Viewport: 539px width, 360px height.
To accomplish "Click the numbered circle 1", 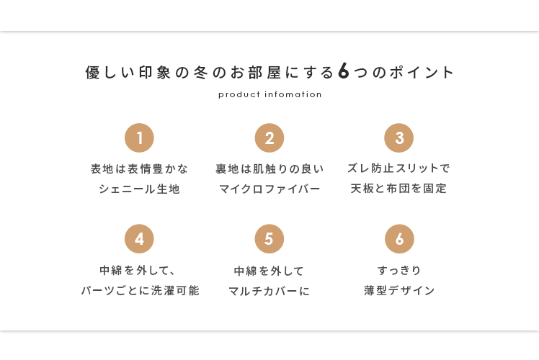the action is pos(139,138).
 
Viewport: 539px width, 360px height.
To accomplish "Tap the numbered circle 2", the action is pos(269,138).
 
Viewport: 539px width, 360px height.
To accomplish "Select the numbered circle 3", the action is pos(398,138).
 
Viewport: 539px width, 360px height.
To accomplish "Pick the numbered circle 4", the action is pos(139,239).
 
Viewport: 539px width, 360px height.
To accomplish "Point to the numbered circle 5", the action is pos(269,239).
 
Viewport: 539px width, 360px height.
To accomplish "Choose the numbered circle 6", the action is pos(399,239).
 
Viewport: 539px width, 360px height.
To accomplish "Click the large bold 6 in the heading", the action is pos(344,71).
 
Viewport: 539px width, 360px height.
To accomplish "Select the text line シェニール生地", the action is pos(139,189).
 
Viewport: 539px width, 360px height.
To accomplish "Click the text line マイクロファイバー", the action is pos(269,189).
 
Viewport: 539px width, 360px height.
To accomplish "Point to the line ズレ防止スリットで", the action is pos(398,168).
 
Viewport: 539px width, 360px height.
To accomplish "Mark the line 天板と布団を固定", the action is pos(398,188).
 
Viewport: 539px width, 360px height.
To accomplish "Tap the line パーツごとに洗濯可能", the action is pos(141,291).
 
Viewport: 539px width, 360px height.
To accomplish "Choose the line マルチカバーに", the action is pos(269,292).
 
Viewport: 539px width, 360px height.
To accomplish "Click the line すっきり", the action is pos(399,270).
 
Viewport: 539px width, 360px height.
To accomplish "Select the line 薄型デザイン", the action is pos(399,291).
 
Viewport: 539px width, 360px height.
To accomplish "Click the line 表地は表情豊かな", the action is pos(139,168).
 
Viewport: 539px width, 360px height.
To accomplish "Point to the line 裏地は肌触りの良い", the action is pos(269,168).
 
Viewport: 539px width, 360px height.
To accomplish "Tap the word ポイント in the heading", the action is pos(422,72).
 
